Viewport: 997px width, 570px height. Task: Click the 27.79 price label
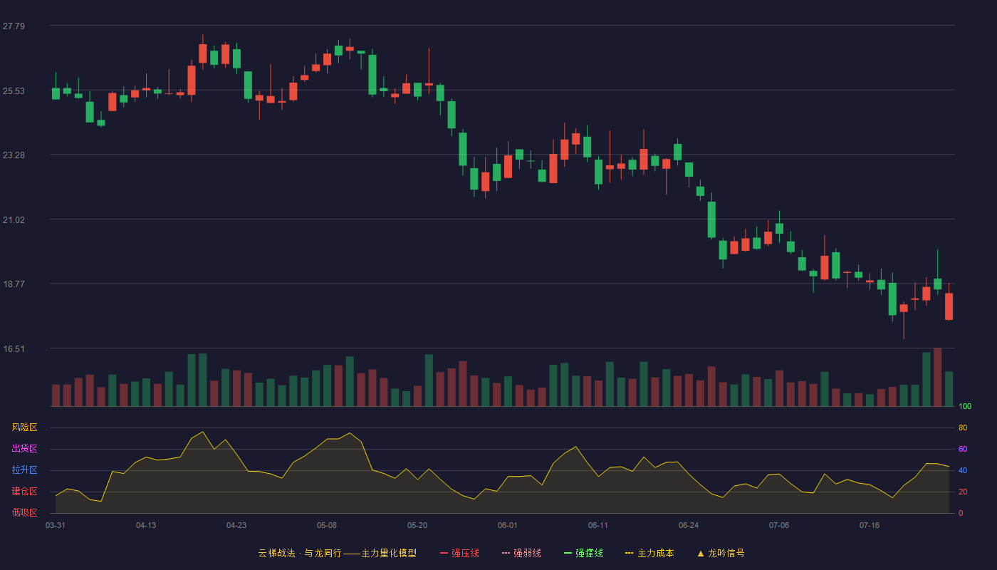[14, 26]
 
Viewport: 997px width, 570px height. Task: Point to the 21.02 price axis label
[14, 220]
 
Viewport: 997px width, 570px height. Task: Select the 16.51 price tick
[14, 349]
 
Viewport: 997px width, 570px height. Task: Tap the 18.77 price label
[14, 284]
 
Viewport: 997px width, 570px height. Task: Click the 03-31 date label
[56, 526]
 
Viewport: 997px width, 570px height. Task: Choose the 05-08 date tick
[327, 526]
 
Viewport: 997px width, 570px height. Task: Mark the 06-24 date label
[689, 526]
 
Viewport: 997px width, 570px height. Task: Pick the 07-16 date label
[870, 526]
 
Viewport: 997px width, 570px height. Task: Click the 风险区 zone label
[24, 427]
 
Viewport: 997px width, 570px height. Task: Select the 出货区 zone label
[24, 448]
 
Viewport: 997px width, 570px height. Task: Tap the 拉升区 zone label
[24, 470]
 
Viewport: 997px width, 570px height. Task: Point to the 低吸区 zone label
[24, 512]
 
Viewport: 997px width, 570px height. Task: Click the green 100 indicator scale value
[965, 406]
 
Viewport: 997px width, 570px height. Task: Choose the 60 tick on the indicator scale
[963, 449]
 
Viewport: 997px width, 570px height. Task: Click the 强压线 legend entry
[459, 553]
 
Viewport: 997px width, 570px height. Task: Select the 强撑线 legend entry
[583, 553]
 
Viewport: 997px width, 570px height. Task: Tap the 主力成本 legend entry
[649, 553]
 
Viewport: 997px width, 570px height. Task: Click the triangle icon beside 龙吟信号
[701, 554]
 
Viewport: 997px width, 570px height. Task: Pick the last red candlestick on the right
[949, 306]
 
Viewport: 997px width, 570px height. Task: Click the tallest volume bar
[937, 377]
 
